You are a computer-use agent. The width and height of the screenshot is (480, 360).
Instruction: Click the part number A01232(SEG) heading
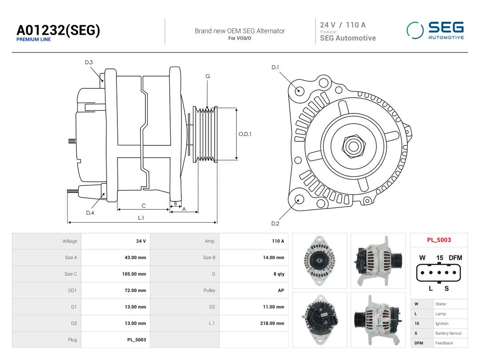[58, 30]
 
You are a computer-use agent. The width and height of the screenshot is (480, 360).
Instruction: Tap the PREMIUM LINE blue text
[34, 40]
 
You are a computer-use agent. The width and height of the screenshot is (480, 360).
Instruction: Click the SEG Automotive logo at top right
[435, 30]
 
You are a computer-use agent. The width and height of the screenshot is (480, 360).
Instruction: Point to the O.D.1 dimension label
[245, 134]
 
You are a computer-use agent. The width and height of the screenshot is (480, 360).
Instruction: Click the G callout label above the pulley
[208, 76]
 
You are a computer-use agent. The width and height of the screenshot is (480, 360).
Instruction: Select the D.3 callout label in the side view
[89, 63]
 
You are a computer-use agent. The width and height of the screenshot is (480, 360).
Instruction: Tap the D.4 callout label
[90, 213]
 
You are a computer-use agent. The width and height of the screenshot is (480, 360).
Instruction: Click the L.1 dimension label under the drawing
[141, 218]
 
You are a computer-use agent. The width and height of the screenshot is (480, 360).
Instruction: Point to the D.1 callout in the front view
[275, 68]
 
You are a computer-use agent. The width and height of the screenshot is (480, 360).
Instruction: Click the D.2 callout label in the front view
[275, 224]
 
